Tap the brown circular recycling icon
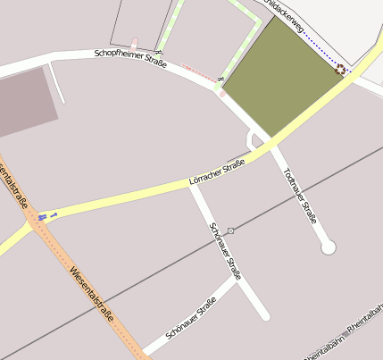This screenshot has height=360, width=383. point(339,69)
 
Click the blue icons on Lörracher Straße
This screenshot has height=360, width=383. point(47,216)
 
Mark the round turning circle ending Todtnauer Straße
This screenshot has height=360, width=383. point(328,247)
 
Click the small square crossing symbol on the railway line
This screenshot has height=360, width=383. point(231,230)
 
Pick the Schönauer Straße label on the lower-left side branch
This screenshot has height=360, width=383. point(179,325)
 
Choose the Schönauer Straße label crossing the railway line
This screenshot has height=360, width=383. point(225,251)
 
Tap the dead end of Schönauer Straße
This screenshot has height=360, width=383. point(264,315)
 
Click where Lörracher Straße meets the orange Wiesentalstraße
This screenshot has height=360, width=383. point(34,222)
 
